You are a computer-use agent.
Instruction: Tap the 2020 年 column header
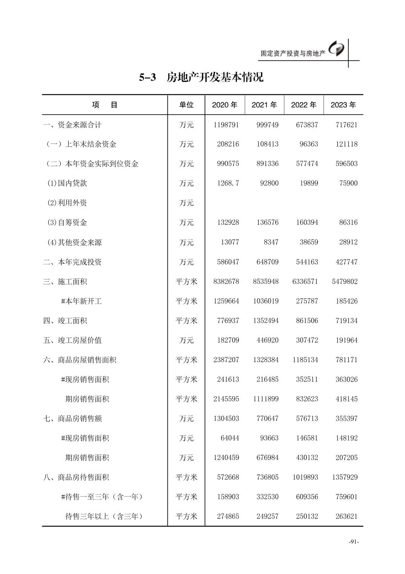pos(225,105)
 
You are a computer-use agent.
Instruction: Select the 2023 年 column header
pos(343,105)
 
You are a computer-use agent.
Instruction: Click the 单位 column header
pos(186,105)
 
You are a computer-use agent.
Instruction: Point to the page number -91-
pos(353,542)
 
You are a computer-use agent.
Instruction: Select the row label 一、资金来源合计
pos(72,125)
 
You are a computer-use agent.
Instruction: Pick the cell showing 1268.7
pos(228,183)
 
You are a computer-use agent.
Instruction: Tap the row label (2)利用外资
pos(67,203)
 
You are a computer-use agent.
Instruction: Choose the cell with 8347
pos(271,242)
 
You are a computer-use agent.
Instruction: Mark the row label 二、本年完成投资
pos(72,262)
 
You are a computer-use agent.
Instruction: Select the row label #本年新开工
pos(81,301)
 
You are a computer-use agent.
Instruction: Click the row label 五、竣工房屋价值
pos(72,340)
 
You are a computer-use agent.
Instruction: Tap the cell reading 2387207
pos(226,360)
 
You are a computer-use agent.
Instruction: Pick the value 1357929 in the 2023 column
pos(345,477)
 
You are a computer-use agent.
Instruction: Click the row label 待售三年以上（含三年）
pos(104,516)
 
